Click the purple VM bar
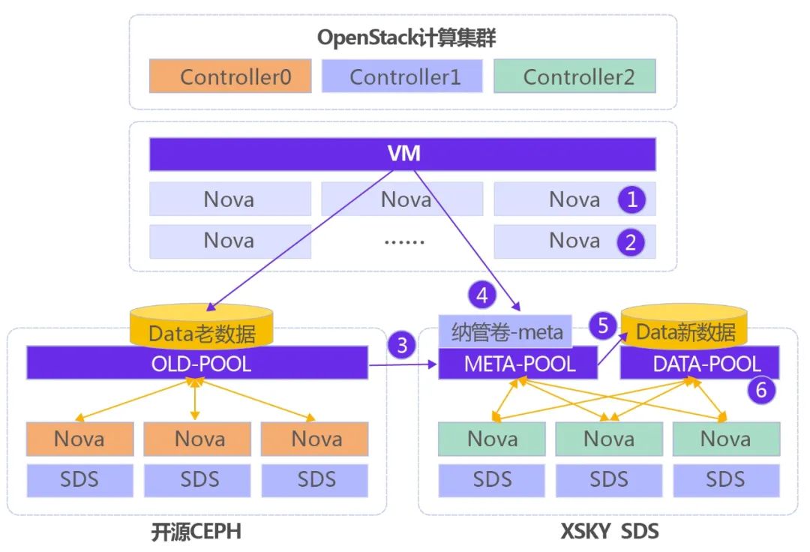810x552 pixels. click(x=403, y=154)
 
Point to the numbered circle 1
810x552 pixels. click(x=631, y=199)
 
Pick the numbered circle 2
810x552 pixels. click(x=631, y=242)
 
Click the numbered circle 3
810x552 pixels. click(x=403, y=345)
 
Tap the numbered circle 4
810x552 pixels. click(x=482, y=295)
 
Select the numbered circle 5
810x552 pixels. click(x=603, y=326)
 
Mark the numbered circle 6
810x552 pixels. click(x=761, y=388)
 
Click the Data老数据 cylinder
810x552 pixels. click(x=201, y=329)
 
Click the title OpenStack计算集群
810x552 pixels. click(x=406, y=38)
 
